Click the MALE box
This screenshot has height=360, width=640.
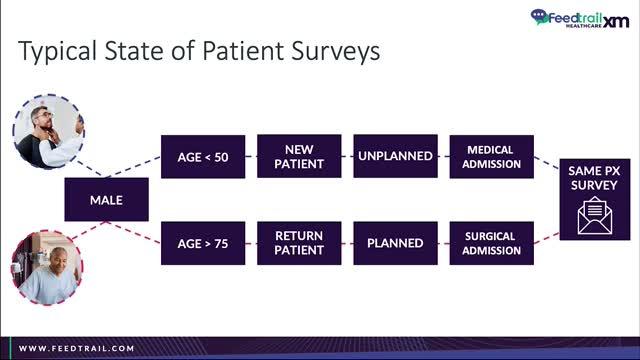pos(107,200)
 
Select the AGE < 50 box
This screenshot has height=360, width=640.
pos(203,157)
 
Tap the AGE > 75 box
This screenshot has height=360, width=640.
pos(203,243)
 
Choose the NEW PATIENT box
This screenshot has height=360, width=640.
pos(299,156)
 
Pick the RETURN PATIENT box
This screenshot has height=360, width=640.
pos(299,243)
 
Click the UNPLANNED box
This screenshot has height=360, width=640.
pos(396,156)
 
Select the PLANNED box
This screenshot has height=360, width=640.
pos(396,243)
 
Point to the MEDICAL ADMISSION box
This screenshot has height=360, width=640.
pos(491,157)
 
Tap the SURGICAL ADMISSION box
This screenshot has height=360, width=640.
pos(491,243)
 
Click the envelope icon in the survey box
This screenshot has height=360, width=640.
pos(595,216)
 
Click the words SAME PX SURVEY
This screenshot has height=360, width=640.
pos(594,178)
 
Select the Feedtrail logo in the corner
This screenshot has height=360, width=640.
pos(580,18)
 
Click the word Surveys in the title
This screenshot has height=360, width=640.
pos(335,51)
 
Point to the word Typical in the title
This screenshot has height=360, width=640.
pos(58,51)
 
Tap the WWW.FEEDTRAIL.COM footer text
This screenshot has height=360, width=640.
pos(77,349)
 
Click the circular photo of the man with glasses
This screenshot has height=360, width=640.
pos(49,132)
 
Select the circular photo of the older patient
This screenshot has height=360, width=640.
pos(47,267)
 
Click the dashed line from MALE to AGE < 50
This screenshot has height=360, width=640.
pos(134,167)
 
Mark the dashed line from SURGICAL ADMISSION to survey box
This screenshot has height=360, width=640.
pos(547,238)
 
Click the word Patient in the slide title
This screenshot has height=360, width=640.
pos(243,51)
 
